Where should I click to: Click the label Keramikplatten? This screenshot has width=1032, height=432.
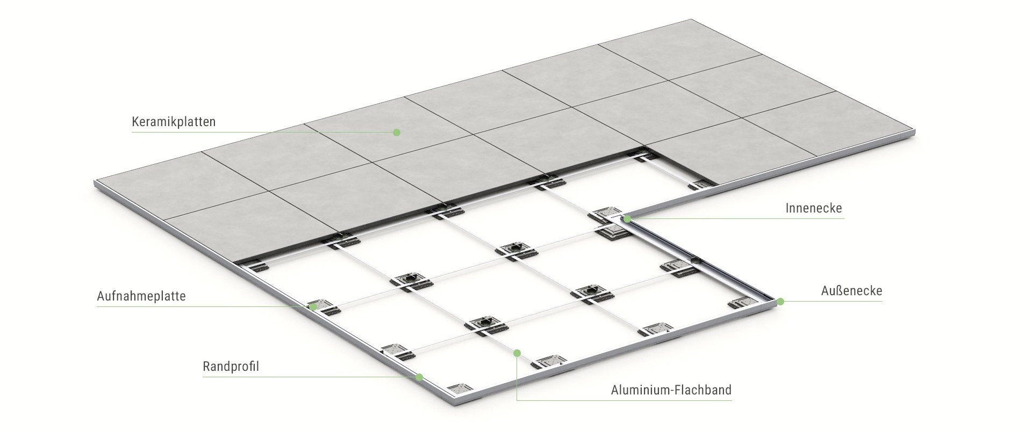[x=174, y=122]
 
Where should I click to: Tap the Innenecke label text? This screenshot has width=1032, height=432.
[x=814, y=208]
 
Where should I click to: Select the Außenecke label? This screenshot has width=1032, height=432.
[x=851, y=291]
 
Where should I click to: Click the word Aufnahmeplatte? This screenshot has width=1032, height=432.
[x=141, y=296]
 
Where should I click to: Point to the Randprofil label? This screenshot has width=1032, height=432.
[x=231, y=367]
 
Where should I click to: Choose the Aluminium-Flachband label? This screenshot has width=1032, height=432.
[x=671, y=390]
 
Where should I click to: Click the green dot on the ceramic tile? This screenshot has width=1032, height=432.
[x=397, y=132]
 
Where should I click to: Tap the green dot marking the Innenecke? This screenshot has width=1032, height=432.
[x=627, y=219]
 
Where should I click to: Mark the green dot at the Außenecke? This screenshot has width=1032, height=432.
[x=780, y=302]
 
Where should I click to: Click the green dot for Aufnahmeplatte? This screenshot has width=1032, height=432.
[x=313, y=307]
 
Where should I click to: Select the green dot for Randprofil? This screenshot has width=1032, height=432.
[x=419, y=377]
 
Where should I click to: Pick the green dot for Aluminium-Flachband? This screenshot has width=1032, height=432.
[x=517, y=353]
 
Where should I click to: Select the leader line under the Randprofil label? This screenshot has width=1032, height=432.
[x=309, y=377]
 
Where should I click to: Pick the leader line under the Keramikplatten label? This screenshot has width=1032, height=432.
[x=262, y=132]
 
